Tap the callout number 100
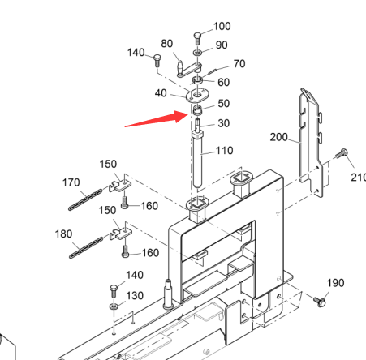click(x=222, y=26)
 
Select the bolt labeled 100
click(x=197, y=39)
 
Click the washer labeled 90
click(x=198, y=52)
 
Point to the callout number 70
click(x=239, y=64)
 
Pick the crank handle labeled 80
click(x=188, y=69)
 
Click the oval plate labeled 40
click(x=198, y=95)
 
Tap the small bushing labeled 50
click(x=198, y=109)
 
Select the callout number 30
click(x=224, y=123)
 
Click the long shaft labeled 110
click(x=198, y=159)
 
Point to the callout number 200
click(x=278, y=137)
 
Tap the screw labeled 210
click(x=341, y=153)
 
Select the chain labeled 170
click(x=85, y=199)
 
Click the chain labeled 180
click(x=86, y=247)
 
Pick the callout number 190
click(x=336, y=283)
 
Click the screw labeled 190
click(x=320, y=302)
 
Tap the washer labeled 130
click(x=114, y=306)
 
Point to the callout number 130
click(x=135, y=296)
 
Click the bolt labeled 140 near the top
click(x=157, y=60)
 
